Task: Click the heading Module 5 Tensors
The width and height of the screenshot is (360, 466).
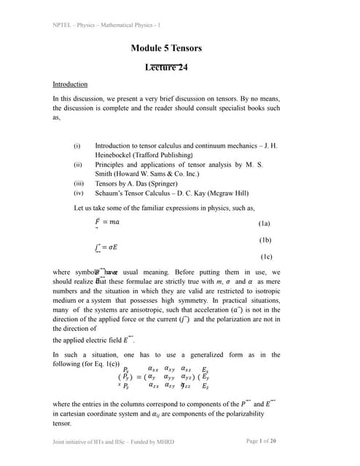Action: click(x=166, y=49)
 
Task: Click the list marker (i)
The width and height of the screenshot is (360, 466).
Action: click(x=77, y=146)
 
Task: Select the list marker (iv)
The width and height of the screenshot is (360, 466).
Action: click(x=79, y=194)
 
